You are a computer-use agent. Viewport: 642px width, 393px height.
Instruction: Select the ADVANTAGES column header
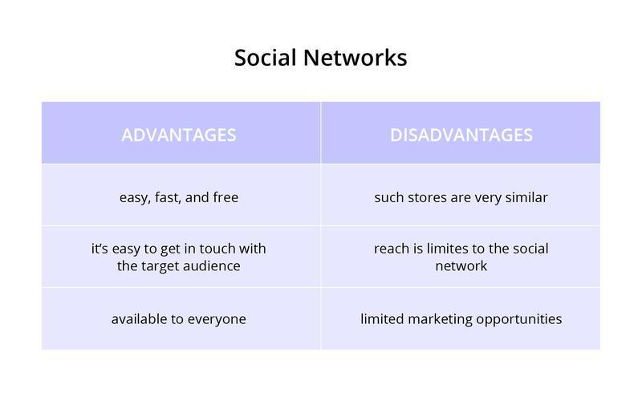click(x=179, y=135)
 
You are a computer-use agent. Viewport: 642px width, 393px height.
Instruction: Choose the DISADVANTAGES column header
click(x=461, y=135)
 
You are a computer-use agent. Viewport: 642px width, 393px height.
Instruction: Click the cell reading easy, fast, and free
click(x=179, y=196)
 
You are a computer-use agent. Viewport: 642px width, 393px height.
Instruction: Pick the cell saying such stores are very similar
click(x=461, y=196)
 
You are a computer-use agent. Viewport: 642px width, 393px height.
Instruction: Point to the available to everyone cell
click(x=179, y=318)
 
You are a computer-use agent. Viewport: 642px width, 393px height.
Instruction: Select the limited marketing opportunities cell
click(x=461, y=318)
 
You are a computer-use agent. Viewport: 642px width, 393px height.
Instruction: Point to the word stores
click(x=424, y=196)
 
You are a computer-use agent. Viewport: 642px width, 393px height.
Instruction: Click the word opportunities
click(x=518, y=318)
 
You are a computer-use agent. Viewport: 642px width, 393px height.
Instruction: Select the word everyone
click(x=217, y=318)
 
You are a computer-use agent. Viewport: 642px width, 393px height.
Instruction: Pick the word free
click(x=226, y=196)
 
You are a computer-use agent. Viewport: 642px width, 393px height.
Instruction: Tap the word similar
click(x=526, y=196)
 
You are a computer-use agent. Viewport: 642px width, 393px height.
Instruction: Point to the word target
click(x=162, y=265)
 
